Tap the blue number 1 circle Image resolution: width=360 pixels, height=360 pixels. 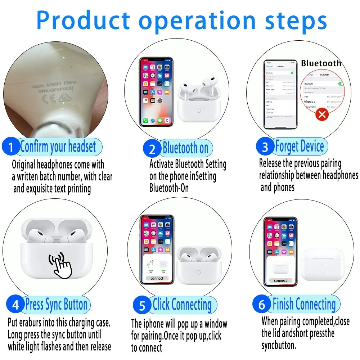click(11, 148)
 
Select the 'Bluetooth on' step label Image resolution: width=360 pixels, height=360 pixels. click(185, 148)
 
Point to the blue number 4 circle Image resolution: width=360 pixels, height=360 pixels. click(15, 305)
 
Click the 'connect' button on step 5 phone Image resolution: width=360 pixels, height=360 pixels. click(157, 278)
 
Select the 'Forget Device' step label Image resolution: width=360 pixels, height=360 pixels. click(299, 147)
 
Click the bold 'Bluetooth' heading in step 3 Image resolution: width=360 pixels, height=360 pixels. click(321, 63)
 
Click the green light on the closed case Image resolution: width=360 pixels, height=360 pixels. click(323, 265)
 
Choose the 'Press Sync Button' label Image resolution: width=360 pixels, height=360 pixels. click(56, 305)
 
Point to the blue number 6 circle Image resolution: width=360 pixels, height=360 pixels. click(262, 305)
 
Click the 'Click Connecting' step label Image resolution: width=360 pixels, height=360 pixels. click(182, 305)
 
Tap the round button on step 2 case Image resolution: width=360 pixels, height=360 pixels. click(199, 110)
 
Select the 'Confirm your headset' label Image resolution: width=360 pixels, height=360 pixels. click(58, 147)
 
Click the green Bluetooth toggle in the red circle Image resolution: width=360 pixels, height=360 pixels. click(340, 84)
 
